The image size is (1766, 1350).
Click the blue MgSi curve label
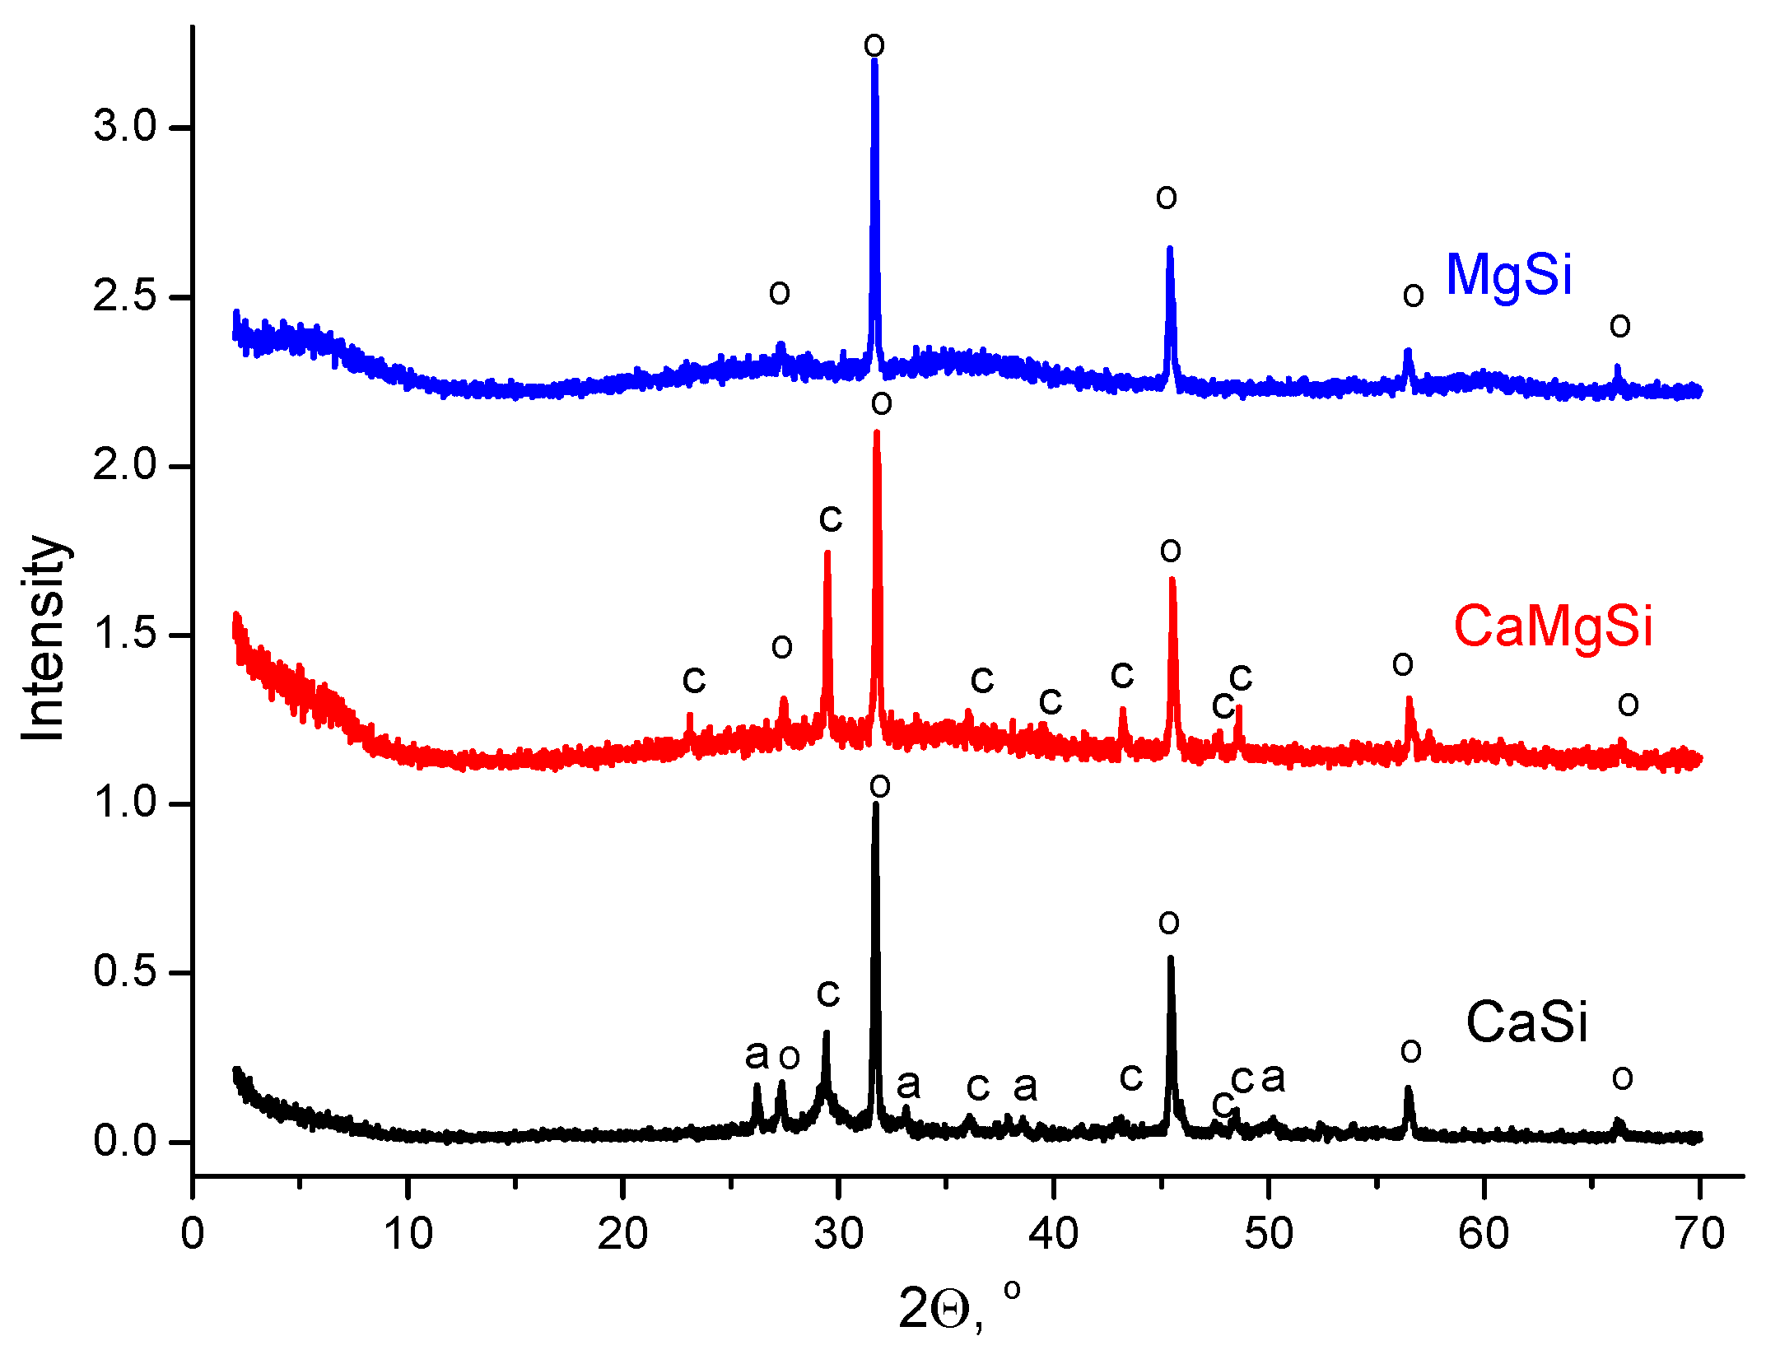1508,275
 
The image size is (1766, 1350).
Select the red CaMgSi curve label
1553,626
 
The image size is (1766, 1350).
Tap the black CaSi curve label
1526,1022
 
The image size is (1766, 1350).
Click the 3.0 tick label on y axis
124,127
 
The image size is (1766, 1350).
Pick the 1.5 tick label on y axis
124,635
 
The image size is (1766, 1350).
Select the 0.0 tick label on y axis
124,1141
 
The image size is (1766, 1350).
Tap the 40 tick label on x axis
1053,1234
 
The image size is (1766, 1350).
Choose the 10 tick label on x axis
408,1234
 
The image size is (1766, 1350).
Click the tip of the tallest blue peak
874,61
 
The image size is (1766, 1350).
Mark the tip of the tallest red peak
877,432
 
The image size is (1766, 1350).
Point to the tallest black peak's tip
875,803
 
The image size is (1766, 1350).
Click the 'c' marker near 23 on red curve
694,680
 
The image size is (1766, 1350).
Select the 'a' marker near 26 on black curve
757,1054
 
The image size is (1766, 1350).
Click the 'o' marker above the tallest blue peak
874,44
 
